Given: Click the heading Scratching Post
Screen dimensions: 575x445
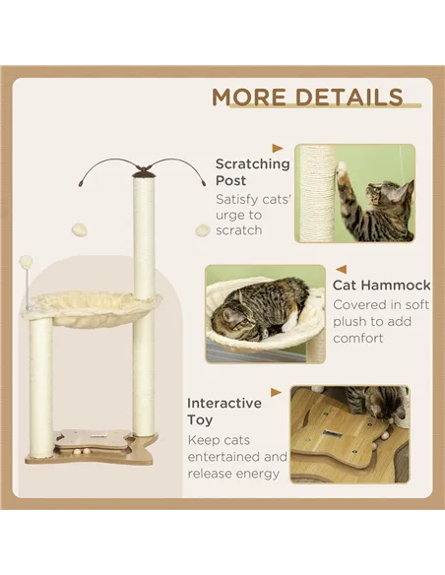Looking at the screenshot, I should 252,172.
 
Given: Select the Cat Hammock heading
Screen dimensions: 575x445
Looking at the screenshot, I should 381,285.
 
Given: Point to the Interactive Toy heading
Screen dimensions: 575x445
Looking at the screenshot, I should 224,411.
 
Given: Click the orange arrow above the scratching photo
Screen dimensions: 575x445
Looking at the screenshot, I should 278,149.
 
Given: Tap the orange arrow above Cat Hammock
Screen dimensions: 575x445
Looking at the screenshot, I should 340,267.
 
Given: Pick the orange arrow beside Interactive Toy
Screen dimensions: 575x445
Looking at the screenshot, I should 277,392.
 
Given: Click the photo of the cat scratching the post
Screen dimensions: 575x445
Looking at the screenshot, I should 354,193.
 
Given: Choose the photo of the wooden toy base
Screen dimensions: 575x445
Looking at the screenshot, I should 350,433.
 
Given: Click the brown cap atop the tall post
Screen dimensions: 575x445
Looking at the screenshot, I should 144,172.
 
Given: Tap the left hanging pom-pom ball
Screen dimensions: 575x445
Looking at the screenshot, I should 81,229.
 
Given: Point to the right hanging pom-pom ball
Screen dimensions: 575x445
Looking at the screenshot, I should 203,229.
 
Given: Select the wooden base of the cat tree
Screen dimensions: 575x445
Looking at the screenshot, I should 91,448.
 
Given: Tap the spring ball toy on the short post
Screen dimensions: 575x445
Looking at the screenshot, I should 27,263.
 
